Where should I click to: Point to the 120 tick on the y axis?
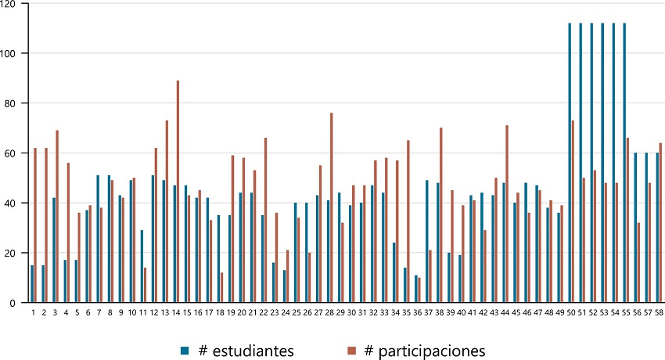[9, 5]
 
